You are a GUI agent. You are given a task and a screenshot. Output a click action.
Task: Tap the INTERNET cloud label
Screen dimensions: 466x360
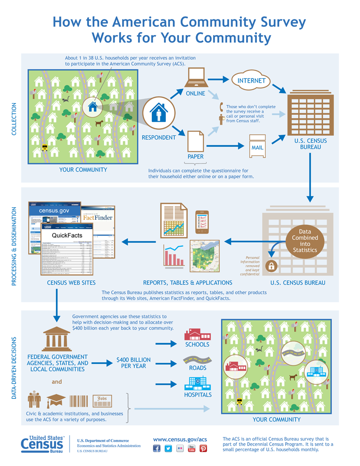(252, 80)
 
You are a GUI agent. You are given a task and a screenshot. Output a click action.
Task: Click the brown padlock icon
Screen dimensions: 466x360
(272, 266)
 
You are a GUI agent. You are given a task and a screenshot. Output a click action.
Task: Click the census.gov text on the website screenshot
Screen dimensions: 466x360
(54, 211)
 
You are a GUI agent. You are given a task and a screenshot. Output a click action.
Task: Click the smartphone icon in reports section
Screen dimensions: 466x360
(202, 221)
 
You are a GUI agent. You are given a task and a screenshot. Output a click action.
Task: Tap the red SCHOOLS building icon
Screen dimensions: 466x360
(197, 335)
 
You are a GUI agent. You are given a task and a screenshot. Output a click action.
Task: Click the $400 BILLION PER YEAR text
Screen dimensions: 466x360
(134, 363)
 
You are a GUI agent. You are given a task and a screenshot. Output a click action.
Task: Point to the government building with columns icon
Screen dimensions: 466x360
(57, 337)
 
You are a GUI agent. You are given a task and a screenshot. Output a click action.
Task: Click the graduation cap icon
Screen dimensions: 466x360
(55, 400)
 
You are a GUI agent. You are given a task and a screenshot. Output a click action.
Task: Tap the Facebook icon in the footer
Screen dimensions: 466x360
(157, 448)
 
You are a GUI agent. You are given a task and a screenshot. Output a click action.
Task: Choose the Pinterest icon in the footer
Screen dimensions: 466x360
(203, 448)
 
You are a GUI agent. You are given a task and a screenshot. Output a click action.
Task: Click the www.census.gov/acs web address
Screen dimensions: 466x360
(180, 439)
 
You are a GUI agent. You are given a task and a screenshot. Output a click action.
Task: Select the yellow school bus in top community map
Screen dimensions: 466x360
(45, 147)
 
